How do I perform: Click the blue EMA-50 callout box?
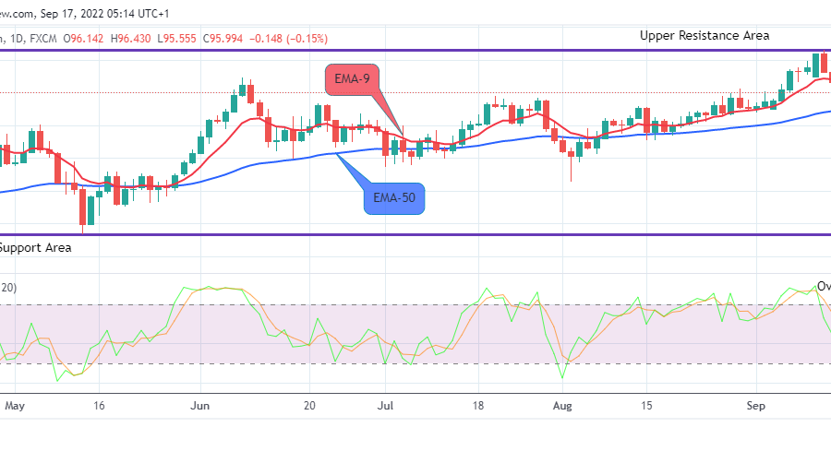[394, 198]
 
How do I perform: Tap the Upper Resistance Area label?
[705, 35]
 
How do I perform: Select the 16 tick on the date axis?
[99, 404]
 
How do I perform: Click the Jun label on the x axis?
[201, 404]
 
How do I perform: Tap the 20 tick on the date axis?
[310, 404]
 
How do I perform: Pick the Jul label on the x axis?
[388, 404]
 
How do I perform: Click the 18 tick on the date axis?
[478, 404]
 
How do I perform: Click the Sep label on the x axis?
[756, 404]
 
